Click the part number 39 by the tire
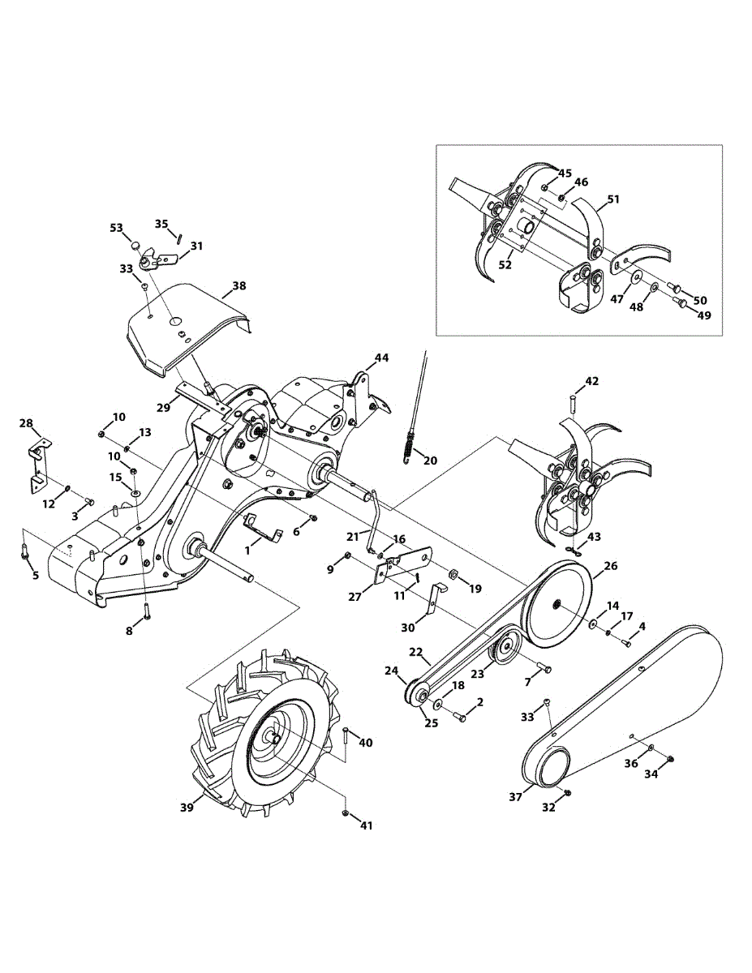click(187, 808)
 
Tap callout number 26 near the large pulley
click(610, 566)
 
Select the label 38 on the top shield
click(238, 286)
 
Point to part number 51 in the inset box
click(612, 199)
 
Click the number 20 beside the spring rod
click(430, 461)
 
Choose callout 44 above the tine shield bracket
click(381, 358)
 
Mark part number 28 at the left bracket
click(27, 423)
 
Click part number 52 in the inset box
click(505, 265)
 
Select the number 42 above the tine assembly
click(592, 381)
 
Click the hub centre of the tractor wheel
click(273, 738)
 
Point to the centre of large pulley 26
click(557, 605)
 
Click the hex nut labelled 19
click(453, 576)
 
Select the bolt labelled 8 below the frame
click(146, 612)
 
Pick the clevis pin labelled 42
click(573, 401)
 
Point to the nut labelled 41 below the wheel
click(346, 812)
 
